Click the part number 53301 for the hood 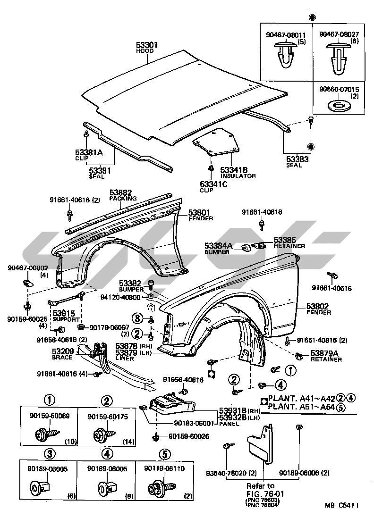coord(147,45)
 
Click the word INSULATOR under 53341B coord(238,176)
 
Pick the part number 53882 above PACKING coord(121,192)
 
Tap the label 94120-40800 coord(120,297)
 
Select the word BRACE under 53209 coord(63,357)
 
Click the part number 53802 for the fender coord(319,306)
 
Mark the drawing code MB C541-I coord(341,506)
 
